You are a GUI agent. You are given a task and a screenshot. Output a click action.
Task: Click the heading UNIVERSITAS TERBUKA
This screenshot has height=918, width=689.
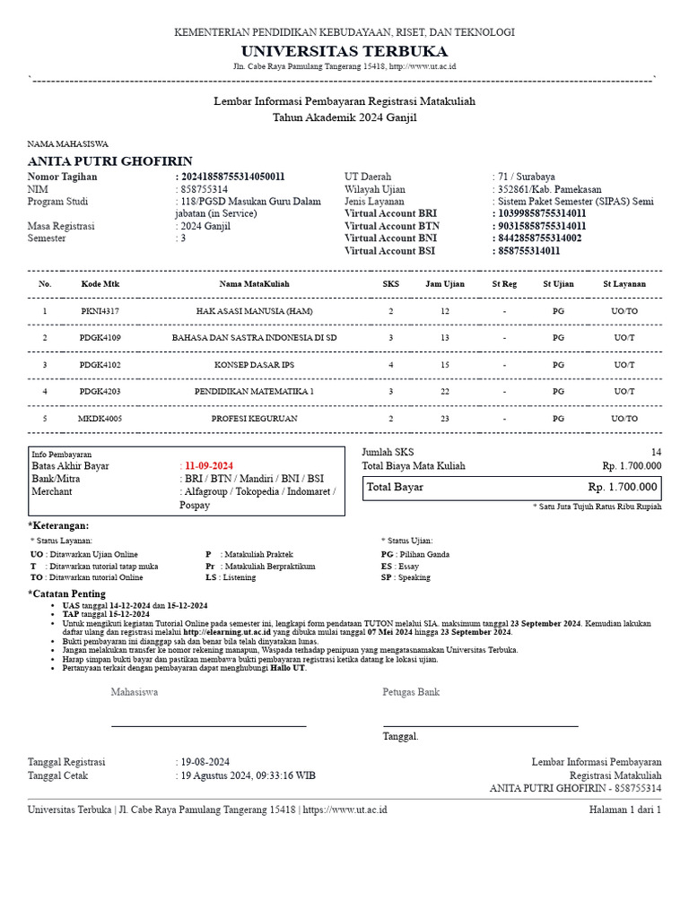pos(344,50)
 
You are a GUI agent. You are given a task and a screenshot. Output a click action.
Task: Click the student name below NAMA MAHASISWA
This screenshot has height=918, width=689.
pos(110,161)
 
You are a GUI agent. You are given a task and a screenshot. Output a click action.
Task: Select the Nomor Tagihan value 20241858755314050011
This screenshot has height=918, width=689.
pos(233,178)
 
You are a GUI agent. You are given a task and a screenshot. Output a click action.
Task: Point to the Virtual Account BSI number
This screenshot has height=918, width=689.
pos(529,251)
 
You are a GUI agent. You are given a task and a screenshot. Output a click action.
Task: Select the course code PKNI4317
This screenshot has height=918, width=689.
pos(100,311)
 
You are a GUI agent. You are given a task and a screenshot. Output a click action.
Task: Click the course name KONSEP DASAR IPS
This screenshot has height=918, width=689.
pos(255,365)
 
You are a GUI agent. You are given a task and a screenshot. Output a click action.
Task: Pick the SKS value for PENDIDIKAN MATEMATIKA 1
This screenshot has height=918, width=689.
pos(390,392)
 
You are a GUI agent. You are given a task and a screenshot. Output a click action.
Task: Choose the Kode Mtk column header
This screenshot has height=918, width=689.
pos(100,284)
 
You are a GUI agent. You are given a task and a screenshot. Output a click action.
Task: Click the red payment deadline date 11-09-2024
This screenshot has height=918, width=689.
pos(209,466)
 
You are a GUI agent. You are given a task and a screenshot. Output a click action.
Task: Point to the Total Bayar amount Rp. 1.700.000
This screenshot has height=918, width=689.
pos(623,488)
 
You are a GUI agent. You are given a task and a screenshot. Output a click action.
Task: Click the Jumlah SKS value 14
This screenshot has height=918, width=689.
pos(656,453)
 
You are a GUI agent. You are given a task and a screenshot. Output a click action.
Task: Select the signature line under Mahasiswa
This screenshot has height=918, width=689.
pos(208,725)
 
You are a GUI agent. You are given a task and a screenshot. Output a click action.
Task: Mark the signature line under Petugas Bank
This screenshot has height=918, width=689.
pos(480,725)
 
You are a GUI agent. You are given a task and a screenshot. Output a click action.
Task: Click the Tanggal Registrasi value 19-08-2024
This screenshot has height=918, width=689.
pos(205,762)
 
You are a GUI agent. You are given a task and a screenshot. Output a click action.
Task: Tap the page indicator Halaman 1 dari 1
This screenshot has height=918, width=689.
pos(624,810)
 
